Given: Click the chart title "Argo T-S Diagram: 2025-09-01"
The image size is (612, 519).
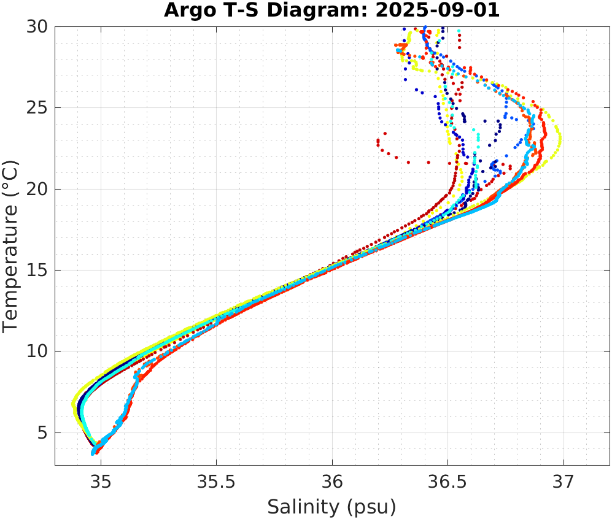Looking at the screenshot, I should pyautogui.click(x=331, y=10).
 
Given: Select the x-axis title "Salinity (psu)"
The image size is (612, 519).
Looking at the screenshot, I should pyautogui.click(x=331, y=507).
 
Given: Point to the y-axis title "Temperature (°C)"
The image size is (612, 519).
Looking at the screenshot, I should pyautogui.click(x=11, y=245).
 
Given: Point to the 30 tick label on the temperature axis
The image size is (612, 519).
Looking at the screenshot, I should pyautogui.click(x=38, y=27).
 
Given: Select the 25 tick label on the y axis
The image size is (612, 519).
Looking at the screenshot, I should pyautogui.click(x=38, y=108).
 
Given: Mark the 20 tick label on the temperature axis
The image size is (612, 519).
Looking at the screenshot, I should pyautogui.click(x=38, y=189).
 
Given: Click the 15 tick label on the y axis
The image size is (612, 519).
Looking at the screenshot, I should pyautogui.click(x=38, y=270).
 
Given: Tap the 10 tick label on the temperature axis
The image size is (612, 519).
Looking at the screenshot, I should pyautogui.click(x=38, y=352).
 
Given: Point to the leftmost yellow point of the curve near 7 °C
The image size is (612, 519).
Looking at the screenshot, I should pyautogui.click(x=74, y=404).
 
